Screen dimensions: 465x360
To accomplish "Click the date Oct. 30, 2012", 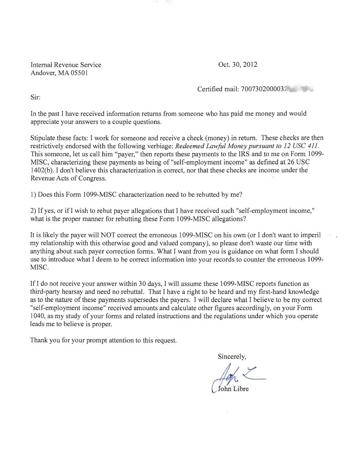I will click(x=238, y=65).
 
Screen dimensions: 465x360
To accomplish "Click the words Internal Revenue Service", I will click(x=66, y=65).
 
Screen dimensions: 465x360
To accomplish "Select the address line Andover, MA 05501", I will click(x=59, y=73).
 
